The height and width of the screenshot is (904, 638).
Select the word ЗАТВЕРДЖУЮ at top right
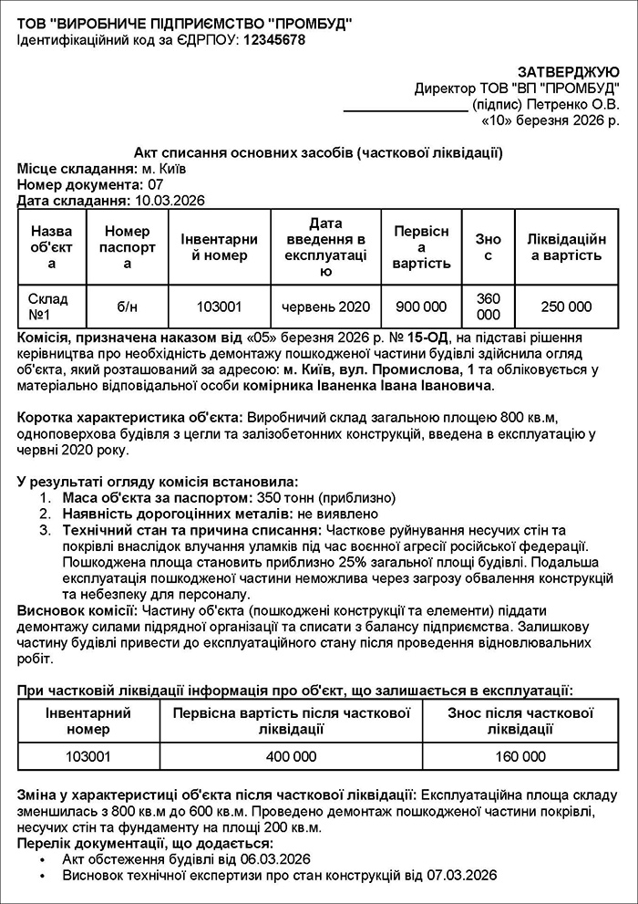569,72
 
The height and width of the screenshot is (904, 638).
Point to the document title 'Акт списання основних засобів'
318,152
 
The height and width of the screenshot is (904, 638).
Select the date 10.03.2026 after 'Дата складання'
170,201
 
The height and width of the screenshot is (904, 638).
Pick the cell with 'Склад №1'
51,307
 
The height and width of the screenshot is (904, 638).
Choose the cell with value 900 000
421,307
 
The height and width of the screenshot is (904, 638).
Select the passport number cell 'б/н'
127,307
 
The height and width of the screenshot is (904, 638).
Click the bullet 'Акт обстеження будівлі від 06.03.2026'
187,858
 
